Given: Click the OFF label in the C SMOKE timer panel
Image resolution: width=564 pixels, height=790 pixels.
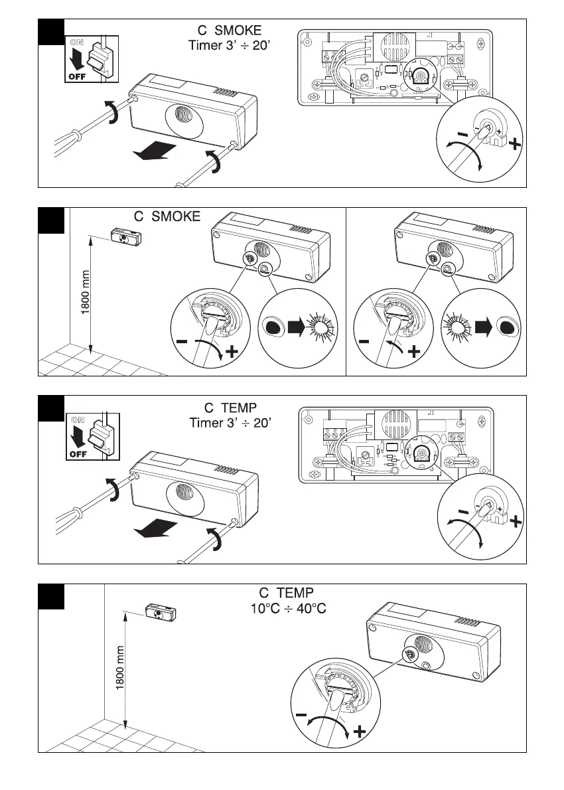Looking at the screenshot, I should click(x=76, y=77).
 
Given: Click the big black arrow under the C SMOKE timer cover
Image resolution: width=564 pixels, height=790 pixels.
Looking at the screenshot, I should click(x=155, y=153).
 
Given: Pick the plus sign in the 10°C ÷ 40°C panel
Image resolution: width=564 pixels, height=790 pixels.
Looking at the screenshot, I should click(x=360, y=732).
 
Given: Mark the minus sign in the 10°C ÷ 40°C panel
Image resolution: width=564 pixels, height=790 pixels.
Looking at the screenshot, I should click(x=302, y=716).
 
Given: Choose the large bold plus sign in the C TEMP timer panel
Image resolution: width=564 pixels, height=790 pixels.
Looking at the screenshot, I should click(x=515, y=523).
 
